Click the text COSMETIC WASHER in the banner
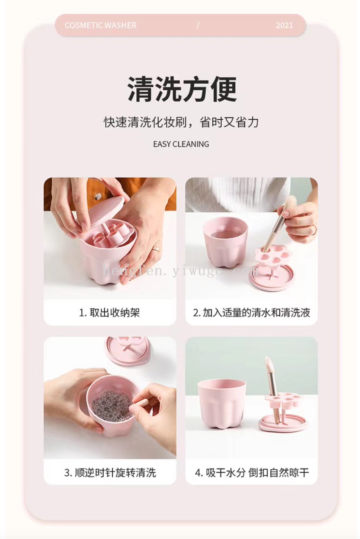click(101, 25)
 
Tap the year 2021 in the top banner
click(284, 26)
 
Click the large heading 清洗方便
click(182, 89)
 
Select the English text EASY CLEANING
click(181, 144)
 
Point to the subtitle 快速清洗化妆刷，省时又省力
click(181, 122)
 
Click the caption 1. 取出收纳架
click(110, 312)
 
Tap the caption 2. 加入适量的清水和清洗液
click(252, 312)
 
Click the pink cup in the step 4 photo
click(221, 405)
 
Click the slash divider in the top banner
click(198, 26)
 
